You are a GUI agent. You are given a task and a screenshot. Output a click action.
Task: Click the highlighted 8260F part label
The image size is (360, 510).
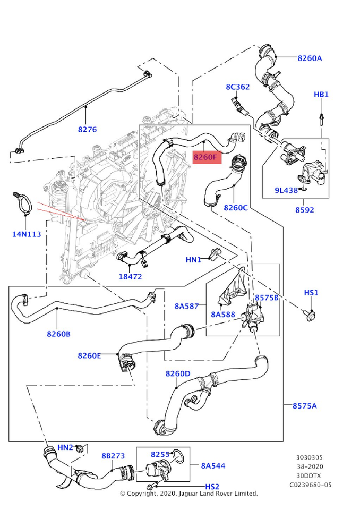[x=207, y=157]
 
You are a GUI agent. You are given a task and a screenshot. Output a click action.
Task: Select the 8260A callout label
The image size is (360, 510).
[x=310, y=58]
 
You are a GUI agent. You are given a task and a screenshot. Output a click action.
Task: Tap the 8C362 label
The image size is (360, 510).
[x=238, y=87]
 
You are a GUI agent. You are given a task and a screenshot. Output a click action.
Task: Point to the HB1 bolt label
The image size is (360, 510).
[x=321, y=95]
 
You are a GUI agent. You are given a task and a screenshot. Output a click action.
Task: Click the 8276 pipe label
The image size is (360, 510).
[x=87, y=130]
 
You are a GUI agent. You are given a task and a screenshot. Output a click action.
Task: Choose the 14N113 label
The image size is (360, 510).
[x=27, y=234]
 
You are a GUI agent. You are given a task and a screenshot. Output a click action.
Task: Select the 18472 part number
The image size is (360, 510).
[x=130, y=276]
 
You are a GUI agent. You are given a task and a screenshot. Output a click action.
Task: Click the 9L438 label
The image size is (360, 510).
[x=286, y=190]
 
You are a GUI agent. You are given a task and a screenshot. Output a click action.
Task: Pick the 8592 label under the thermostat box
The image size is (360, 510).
[x=304, y=210]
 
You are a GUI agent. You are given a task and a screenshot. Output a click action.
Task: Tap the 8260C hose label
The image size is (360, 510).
[x=235, y=208]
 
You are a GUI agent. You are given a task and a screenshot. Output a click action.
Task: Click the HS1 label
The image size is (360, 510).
[x=311, y=292]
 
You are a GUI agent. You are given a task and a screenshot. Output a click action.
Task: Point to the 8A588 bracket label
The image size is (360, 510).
[x=223, y=314]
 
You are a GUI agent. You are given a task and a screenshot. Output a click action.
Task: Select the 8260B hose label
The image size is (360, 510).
[x=58, y=334]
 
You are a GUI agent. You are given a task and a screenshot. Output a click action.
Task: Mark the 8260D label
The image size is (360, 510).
[x=178, y=373]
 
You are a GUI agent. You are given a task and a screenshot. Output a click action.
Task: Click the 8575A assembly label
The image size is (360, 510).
[x=304, y=405]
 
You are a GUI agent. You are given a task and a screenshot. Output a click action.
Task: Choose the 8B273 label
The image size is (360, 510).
[x=113, y=456]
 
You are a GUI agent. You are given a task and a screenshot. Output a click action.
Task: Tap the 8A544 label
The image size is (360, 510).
[x=213, y=466]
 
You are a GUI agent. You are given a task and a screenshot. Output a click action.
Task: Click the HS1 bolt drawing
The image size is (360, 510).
[x=310, y=315]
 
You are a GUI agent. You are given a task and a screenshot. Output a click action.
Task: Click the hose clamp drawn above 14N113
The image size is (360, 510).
[x=23, y=202]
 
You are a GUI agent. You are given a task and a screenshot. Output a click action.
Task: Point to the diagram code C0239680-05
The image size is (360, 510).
[x=311, y=484]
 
